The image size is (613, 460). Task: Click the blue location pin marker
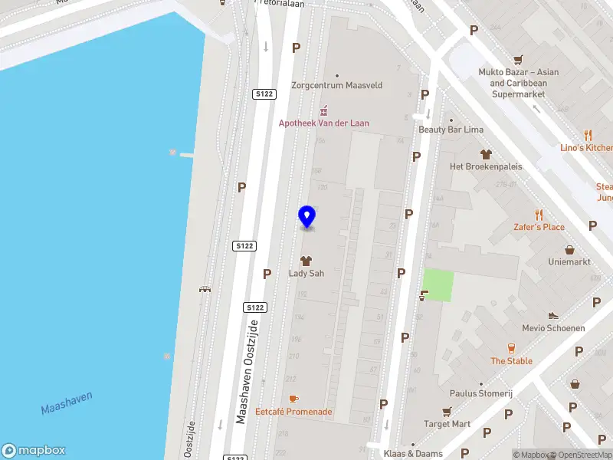(307, 216)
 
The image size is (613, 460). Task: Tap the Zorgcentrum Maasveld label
(336, 85)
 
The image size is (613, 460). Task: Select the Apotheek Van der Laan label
(323, 123)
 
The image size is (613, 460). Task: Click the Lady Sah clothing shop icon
(306, 261)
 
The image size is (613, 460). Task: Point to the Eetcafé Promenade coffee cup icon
(293, 399)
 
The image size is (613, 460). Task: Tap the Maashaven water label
(67, 403)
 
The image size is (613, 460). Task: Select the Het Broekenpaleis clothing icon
(484, 153)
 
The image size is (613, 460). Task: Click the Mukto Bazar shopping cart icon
(518, 59)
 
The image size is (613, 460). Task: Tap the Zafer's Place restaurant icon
(539, 215)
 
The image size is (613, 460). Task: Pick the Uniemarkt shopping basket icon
(569, 249)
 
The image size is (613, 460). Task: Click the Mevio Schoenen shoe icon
(553, 315)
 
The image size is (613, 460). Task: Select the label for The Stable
(511, 361)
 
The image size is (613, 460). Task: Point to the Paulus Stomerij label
(480, 393)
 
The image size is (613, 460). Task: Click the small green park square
(438, 286)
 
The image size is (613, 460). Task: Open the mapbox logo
(34, 450)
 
